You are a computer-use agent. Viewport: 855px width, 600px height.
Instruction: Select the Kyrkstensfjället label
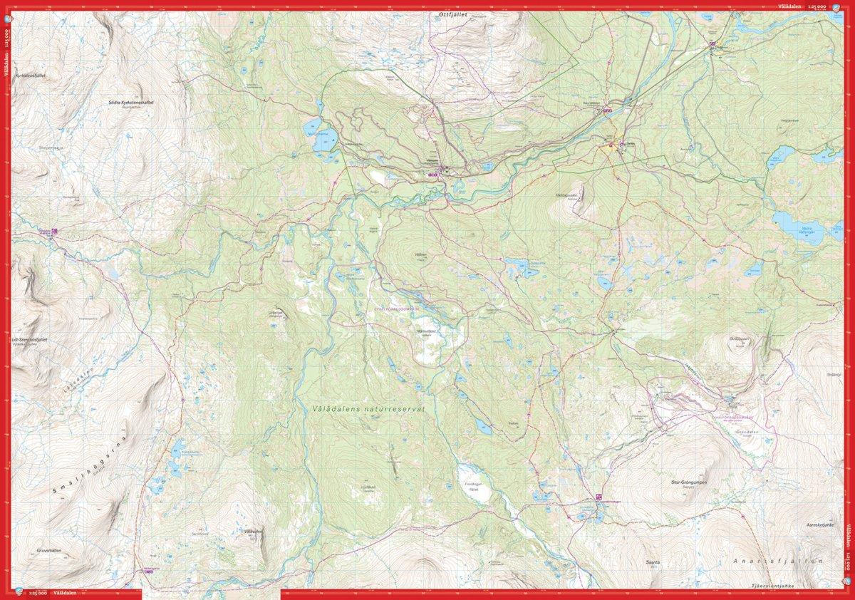pos(30,75)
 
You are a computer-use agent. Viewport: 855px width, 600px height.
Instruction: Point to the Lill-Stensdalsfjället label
pos(30,340)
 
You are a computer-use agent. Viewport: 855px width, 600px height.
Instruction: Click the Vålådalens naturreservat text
pos(368,410)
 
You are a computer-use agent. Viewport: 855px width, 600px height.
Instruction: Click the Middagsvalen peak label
pos(570,194)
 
